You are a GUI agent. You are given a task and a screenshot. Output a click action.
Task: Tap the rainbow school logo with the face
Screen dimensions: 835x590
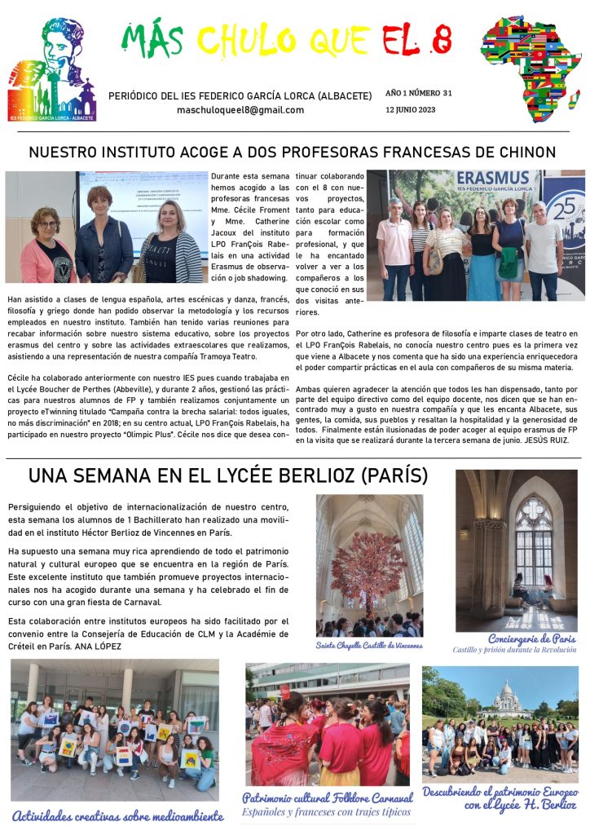tap(51, 69)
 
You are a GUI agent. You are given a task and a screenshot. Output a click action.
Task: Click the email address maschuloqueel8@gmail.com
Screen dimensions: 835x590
tap(240, 110)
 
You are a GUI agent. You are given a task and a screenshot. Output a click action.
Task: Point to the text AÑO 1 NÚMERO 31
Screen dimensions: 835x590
tap(419, 93)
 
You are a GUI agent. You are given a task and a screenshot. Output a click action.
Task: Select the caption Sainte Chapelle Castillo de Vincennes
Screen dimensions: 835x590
tap(369, 645)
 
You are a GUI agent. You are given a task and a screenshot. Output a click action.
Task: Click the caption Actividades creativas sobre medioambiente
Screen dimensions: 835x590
tap(117, 815)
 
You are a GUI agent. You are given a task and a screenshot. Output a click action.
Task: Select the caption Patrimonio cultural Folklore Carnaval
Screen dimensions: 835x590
tap(328, 797)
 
